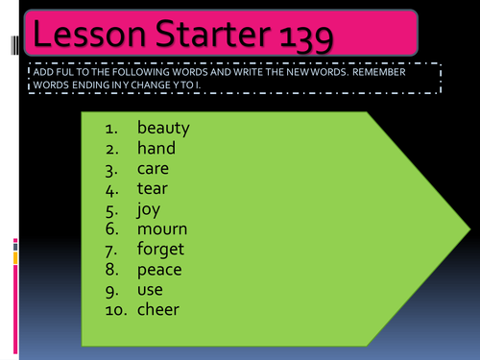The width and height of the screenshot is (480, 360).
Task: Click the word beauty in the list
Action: (163, 128)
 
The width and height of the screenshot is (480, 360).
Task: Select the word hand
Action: (156, 148)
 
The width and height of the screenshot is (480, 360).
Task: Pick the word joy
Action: (150, 209)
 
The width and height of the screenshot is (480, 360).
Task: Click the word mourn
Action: (162, 229)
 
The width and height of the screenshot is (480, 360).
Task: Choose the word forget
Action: (161, 250)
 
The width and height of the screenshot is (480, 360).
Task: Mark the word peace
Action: (160, 270)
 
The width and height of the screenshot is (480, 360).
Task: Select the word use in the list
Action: (151, 290)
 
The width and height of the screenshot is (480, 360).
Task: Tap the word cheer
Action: (158, 310)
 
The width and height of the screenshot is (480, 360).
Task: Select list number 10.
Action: (116, 310)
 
